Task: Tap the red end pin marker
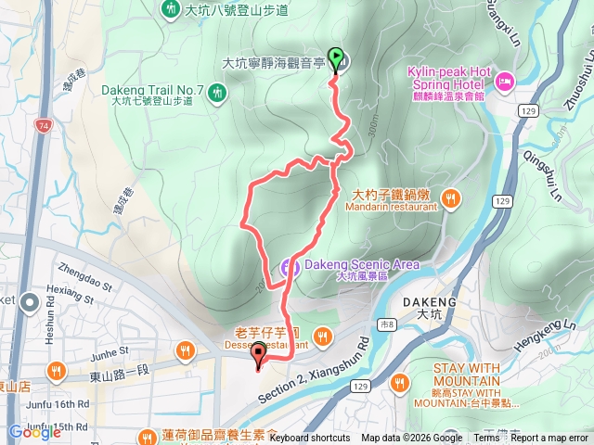click(259, 354)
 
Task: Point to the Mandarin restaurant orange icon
click(450, 197)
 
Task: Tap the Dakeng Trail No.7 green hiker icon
click(216, 92)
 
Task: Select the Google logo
click(34, 432)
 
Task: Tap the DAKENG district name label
click(431, 302)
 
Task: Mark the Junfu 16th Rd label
click(58, 404)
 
